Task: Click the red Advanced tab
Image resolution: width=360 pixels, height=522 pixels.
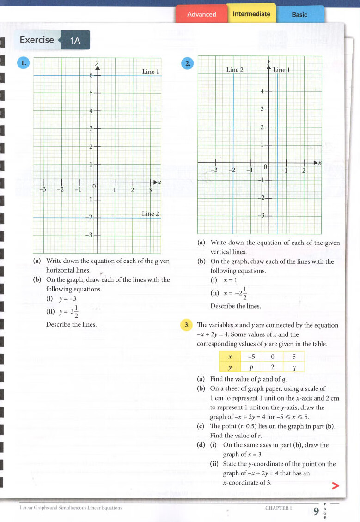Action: coord(201,14)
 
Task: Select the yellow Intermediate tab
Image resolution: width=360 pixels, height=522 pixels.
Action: coord(251,14)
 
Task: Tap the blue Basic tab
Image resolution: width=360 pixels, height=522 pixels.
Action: coord(299,15)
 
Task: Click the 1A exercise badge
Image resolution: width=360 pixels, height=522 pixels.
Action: coord(75,41)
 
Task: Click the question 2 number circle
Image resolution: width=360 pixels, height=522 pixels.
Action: coord(187,64)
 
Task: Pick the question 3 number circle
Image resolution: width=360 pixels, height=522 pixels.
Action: coord(187,325)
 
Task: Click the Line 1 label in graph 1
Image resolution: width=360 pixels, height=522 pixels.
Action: coord(151,72)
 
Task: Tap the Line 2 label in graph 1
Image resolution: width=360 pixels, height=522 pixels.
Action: coord(150,214)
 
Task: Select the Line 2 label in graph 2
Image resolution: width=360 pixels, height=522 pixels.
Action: coord(235,70)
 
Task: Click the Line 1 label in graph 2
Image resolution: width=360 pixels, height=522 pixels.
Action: coord(281,70)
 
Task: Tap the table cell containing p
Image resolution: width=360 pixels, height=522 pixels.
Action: coord(251,368)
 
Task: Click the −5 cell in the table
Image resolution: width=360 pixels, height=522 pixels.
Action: coord(251,357)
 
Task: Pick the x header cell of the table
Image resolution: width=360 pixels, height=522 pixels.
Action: coord(230,357)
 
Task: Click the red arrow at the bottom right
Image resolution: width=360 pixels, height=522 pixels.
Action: coord(336,486)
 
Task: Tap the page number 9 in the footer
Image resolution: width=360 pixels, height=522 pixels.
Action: coord(316,511)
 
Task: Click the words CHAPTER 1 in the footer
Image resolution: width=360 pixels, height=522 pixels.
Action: coord(279,508)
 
